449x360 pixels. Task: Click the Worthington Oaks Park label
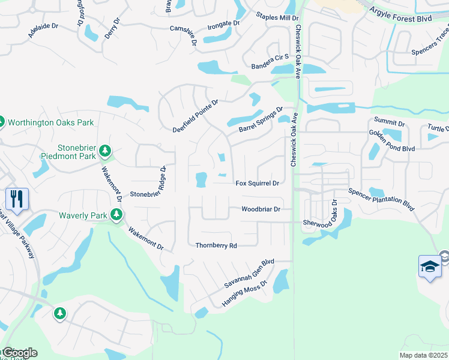(52, 122)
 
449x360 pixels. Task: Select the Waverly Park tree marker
(116, 215)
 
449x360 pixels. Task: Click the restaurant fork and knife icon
(16, 199)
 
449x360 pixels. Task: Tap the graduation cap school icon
(430, 266)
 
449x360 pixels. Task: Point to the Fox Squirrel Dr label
(258, 183)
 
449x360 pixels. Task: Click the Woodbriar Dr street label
(261, 209)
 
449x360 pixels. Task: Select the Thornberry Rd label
(217, 245)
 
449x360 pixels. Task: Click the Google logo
(19, 353)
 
